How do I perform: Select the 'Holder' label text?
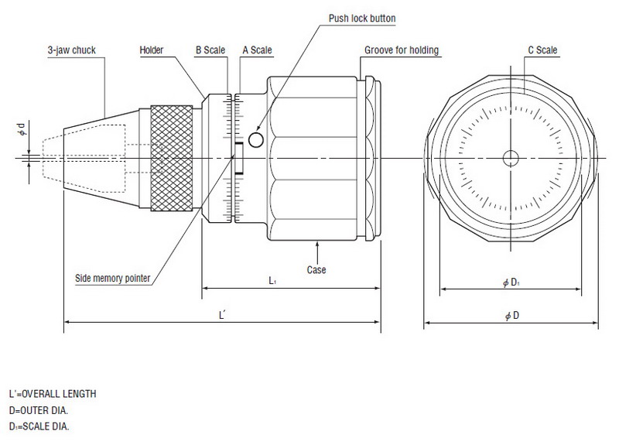pyautogui.click(x=152, y=51)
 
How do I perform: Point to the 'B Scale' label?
pyautogui.click(x=209, y=51)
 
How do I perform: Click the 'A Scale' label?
pyautogui.click(x=256, y=51)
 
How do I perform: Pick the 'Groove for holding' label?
pyautogui.click(x=402, y=51)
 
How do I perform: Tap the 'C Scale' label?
pyautogui.click(x=542, y=51)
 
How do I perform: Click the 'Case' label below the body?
pyautogui.click(x=316, y=270)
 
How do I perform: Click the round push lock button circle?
pyautogui.click(x=256, y=139)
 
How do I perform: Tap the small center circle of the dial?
pyautogui.click(x=510, y=158)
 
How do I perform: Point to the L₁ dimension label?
pyautogui.click(x=273, y=282)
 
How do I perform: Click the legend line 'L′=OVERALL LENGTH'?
pyautogui.click(x=53, y=394)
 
